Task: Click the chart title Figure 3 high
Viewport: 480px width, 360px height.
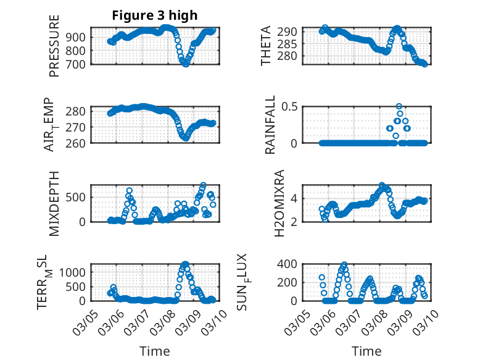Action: pos(154,15)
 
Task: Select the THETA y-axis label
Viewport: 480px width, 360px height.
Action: pos(266,45)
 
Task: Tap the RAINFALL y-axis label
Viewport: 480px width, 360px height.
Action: pos(270,125)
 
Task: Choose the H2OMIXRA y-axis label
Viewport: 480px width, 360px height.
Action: pos(279,203)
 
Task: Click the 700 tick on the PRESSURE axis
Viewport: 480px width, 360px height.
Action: pos(78,64)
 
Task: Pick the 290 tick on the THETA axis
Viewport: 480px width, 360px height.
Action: pos(291,31)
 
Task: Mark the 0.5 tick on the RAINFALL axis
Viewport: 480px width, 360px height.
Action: pos(291,106)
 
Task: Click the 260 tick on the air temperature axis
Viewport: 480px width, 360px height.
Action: pos(78,143)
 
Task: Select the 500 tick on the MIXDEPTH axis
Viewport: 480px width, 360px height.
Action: pos(78,197)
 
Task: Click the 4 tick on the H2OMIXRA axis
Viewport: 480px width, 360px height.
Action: pos(296,198)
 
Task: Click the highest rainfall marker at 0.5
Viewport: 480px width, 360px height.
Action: pos(399,107)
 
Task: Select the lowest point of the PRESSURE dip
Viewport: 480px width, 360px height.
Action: pos(184,63)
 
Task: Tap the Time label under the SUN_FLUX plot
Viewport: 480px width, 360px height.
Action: pos(366,351)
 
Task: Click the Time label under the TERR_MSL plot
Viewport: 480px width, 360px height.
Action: pos(154,351)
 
